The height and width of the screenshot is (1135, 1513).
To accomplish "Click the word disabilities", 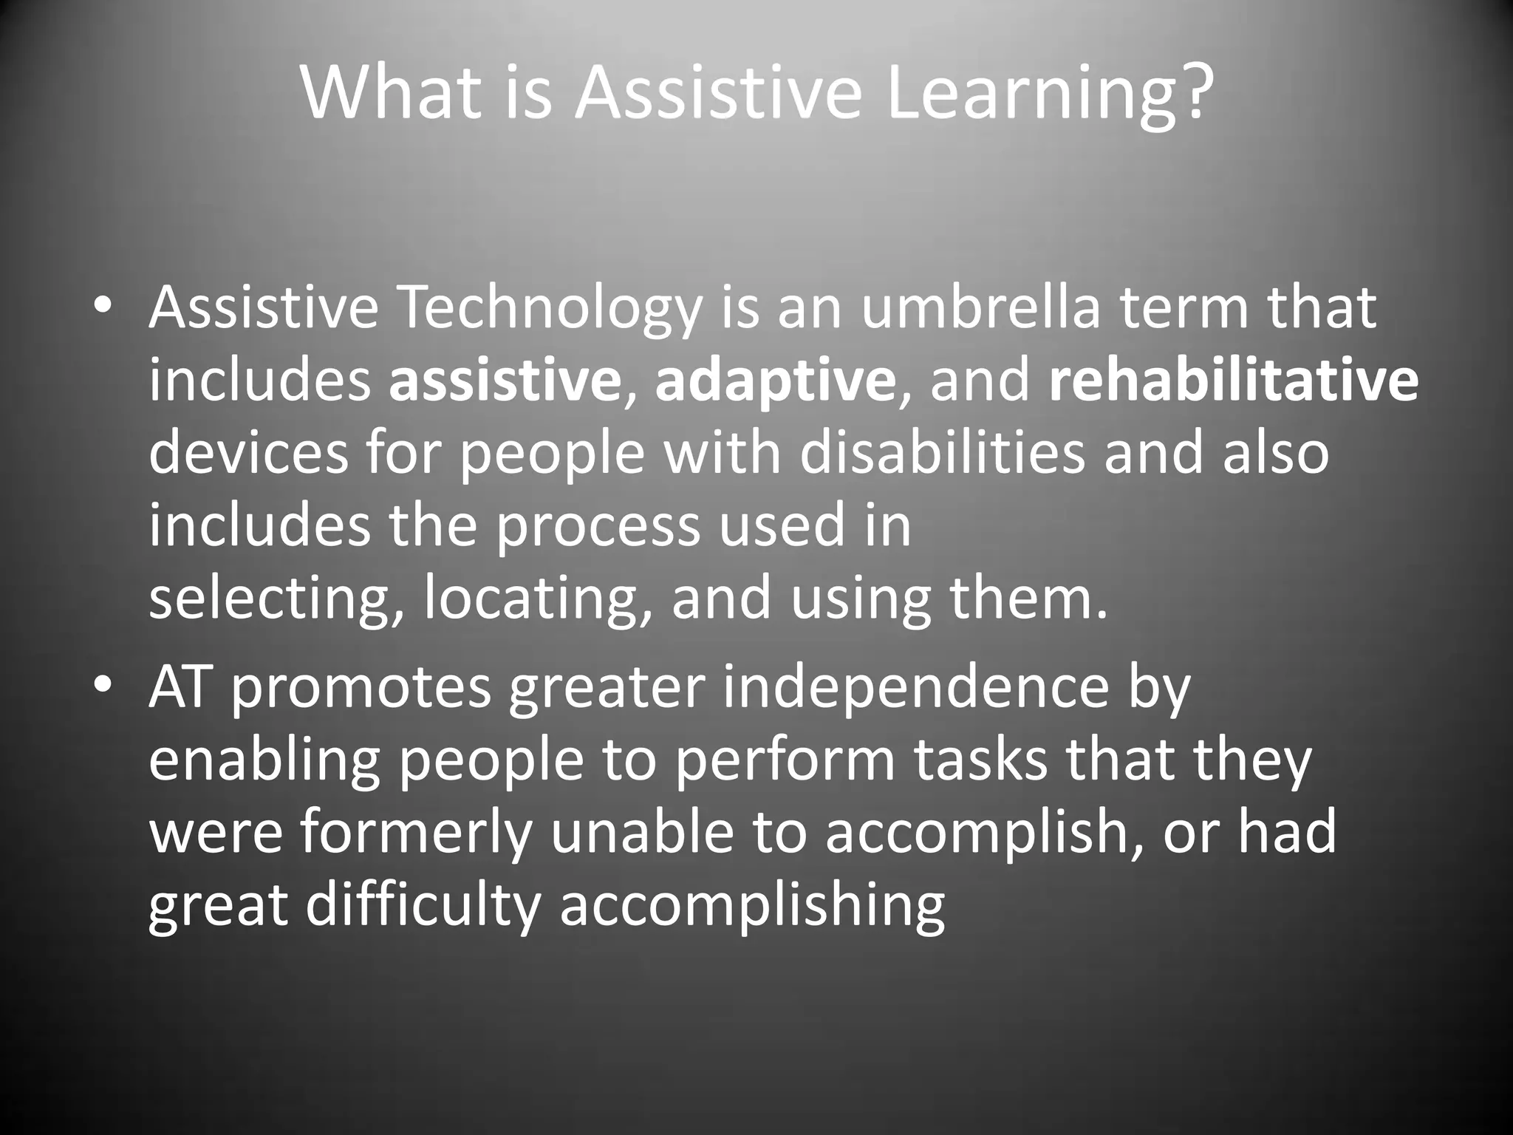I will click(x=943, y=453).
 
